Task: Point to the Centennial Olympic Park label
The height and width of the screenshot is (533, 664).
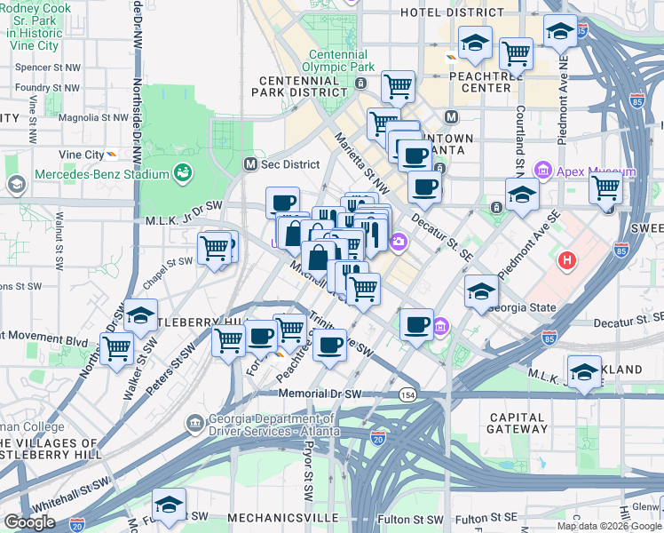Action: click(338, 60)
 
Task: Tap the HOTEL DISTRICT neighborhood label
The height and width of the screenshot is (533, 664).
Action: click(452, 12)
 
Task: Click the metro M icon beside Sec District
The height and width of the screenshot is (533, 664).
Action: click(251, 164)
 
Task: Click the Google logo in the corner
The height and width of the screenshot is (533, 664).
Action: click(29, 522)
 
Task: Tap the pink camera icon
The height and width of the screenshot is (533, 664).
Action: click(399, 241)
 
